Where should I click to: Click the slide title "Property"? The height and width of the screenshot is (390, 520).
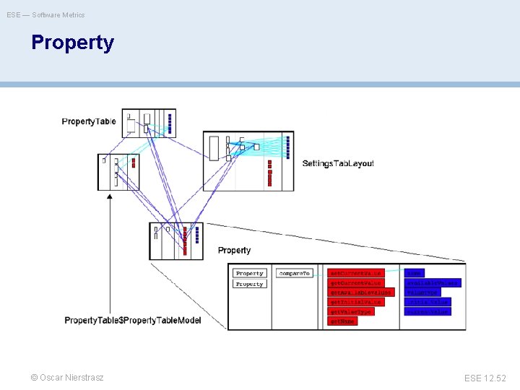72,43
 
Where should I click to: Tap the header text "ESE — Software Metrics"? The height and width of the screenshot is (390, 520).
45,14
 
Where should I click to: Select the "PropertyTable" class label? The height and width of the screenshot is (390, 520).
89,121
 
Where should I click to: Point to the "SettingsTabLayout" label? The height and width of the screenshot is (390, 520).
338,163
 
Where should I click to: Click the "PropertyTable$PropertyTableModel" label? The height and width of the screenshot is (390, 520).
133,320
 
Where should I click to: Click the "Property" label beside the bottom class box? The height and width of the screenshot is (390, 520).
234,251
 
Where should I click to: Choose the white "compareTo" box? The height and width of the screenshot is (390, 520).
294,274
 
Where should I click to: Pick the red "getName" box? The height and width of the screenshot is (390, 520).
342,321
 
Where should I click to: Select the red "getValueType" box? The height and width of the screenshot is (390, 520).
351,311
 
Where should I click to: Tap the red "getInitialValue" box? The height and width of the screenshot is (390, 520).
356,302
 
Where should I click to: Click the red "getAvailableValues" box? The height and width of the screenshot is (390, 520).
361,292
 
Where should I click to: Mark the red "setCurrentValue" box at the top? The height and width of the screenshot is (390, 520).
355,274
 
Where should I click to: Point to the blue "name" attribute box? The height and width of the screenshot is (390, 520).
414,273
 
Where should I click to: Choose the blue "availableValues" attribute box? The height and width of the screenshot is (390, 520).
432,282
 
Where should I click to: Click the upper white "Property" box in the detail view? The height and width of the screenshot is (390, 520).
250,274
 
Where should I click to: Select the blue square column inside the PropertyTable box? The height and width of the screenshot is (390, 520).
169,121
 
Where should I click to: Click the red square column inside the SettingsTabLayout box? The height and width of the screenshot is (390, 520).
269,173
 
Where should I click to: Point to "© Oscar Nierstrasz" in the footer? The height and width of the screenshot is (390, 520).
67,378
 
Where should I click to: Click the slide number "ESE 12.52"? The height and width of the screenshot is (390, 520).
486,378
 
